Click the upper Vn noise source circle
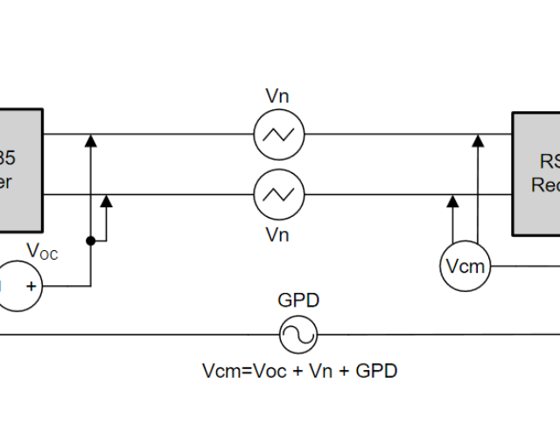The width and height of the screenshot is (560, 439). (278, 135)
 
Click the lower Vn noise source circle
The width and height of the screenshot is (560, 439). (278, 193)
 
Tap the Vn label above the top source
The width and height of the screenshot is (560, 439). (277, 94)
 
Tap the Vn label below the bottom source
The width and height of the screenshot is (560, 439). (277, 234)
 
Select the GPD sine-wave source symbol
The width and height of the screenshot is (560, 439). (297, 334)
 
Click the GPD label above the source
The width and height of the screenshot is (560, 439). (298, 301)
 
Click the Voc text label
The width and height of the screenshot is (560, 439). (42, 252)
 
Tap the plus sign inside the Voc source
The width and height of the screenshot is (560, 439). (31, 286)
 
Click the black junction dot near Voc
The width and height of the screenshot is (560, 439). (90, 240)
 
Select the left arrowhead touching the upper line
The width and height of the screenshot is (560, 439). (90, 140)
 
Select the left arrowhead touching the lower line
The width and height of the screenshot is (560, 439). (107, 200)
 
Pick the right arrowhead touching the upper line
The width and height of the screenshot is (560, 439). (478, 140)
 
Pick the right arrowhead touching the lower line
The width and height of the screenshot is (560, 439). (452, 200)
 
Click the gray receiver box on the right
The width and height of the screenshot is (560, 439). (535, 173)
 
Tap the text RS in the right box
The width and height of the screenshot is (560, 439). (549, 161)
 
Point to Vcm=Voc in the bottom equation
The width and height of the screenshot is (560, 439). (234, 371)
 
